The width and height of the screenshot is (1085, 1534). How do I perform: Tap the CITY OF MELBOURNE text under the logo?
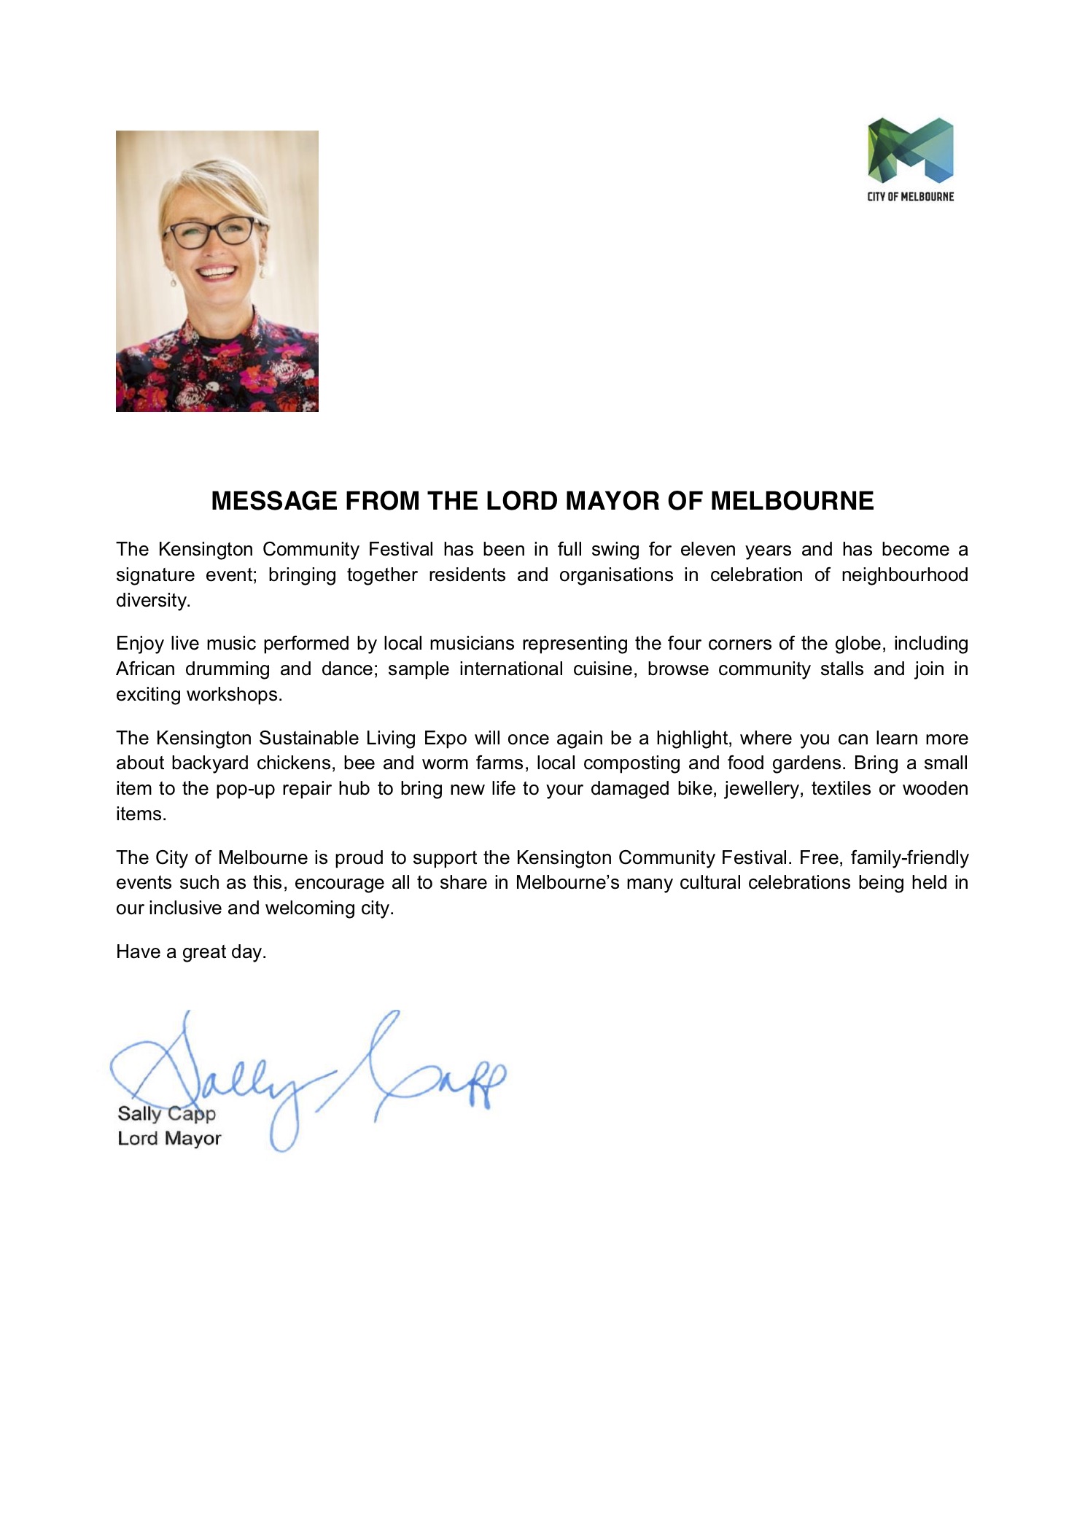[910, 196]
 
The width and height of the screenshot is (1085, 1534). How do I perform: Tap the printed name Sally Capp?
[166, 1113]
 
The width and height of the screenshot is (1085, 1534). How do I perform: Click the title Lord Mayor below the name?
[169, 1138]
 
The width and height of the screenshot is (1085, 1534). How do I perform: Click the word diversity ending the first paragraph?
[152, 600]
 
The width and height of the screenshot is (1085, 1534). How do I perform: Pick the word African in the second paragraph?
[145, 669]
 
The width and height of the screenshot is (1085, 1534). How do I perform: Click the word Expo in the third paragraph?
[445, 738]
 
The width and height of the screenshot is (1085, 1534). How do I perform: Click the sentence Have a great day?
[191, 951]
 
